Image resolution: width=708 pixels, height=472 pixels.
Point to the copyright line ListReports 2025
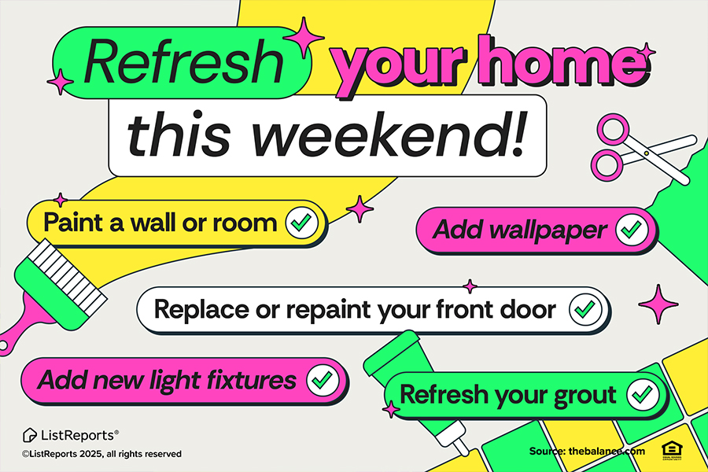coord(101,454)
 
